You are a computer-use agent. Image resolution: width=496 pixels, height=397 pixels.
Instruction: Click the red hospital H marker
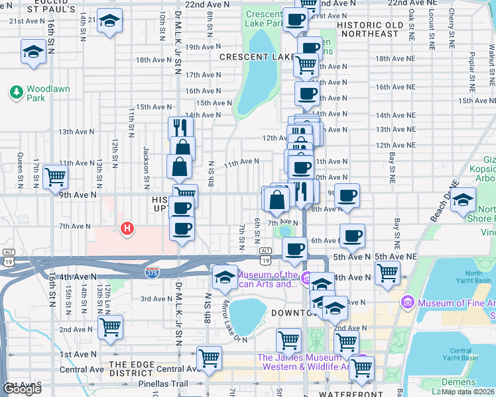(127, 230)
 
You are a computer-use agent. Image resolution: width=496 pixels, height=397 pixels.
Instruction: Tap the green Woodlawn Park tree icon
(15, 92)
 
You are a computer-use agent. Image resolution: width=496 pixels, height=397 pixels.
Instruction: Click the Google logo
(21, 389)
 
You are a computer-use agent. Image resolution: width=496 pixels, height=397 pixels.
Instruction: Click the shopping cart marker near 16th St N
(55, 177)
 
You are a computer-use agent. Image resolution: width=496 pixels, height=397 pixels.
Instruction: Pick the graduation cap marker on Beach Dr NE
(462, 200)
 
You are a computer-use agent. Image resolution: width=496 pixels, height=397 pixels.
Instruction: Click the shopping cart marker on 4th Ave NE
(387, 272)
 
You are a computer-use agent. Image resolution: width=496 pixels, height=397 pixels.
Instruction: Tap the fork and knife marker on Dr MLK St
(180, 127)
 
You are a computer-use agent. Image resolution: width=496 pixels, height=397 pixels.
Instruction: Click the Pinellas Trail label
(161, 383)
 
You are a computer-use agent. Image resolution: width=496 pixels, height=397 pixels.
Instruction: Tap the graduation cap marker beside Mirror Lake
(225, 276)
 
